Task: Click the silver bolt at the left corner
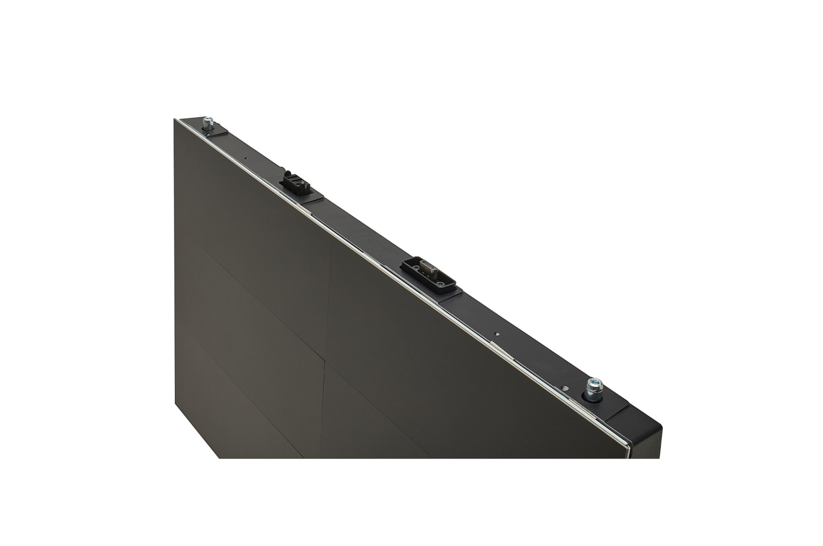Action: (x=208, y=123)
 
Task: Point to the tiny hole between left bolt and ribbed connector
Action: (x=246, y=159)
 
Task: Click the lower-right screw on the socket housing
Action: (x=441, y=282)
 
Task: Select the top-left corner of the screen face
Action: (x=175, y=120)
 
